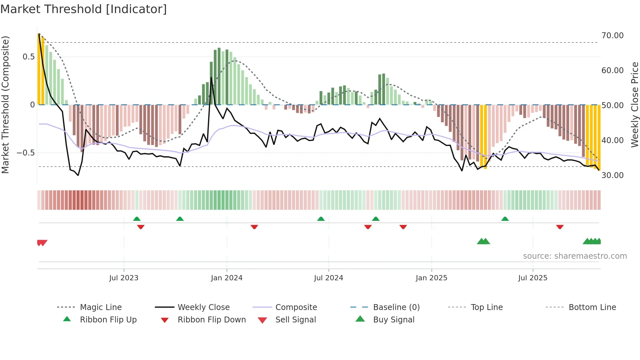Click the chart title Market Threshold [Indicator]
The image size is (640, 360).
point(84,9)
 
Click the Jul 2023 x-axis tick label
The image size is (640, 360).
point(124,278)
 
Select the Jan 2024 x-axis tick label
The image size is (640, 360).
point(227,278)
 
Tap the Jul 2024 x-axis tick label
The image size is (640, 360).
point(328,278)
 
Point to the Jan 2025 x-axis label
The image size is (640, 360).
point(431,278)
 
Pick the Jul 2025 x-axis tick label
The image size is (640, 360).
point(533,278)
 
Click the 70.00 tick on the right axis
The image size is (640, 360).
point(612,36)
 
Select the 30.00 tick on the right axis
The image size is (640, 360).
point(612,175)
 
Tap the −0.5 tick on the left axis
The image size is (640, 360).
point(26,153)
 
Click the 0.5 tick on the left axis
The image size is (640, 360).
point(28,57)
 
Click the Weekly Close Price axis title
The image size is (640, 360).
point(634,105)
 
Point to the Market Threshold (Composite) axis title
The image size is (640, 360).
point(5,105)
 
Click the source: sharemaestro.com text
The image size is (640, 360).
point(575,256)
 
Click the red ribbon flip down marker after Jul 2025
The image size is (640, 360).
point(560,227)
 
